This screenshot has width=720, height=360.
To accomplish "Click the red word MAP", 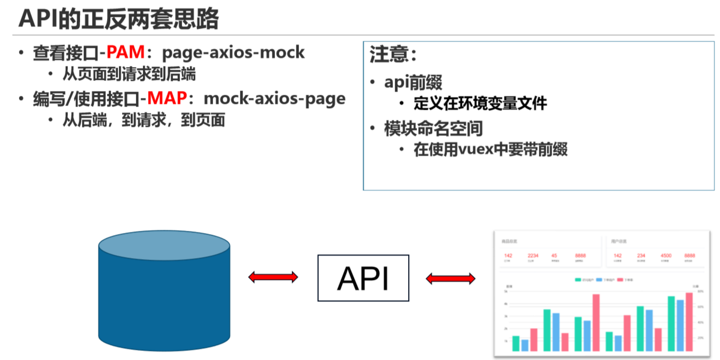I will tap(167, 98).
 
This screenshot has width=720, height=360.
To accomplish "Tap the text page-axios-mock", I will tap(233, 52).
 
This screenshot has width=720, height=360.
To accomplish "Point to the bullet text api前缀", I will tap(413, 82).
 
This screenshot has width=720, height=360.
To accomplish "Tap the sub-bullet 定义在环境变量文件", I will tap(480, 103).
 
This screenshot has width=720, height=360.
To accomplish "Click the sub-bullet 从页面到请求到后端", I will tap(129, 74).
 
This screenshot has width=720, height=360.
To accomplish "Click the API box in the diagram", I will tap(363, 278).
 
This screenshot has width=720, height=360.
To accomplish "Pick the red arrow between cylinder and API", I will tap(273, 277).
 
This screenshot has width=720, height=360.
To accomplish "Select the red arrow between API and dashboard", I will tap(450, 278).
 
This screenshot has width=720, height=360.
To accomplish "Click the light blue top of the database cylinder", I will tap(164, 246).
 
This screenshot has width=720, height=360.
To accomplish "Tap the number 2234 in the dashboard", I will tap(533, 255).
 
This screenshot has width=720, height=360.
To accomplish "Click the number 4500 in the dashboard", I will tap(666, 255).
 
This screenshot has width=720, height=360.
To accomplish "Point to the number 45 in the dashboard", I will tap(554, 255).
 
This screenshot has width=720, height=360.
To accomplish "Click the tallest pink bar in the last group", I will tap(689, 322).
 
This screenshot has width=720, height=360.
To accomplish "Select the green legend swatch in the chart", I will tap(578, 280).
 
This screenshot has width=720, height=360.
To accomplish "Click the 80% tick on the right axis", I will tap(701, 291).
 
